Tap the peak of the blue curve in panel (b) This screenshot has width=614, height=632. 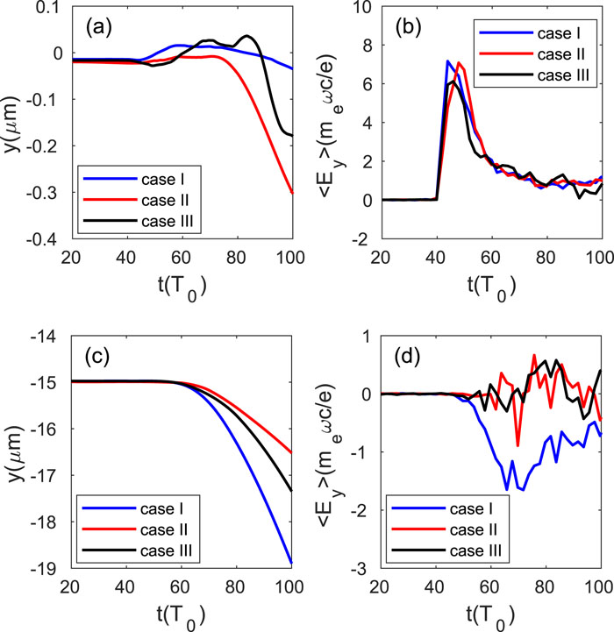tap(447, 61)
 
